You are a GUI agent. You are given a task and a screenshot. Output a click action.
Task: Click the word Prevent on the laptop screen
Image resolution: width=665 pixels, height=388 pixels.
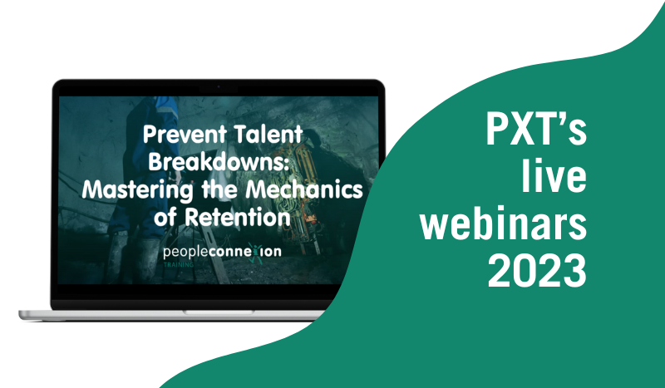pos(185,135)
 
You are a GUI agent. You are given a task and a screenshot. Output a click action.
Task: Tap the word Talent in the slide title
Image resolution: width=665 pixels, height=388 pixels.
pos(268,135)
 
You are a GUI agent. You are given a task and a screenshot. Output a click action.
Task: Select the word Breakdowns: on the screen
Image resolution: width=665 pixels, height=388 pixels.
pos(219,161)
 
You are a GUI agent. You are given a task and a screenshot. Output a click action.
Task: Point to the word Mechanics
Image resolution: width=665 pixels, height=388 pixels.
pos(304,189)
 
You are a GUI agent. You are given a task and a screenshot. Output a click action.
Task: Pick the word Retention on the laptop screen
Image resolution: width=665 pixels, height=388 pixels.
pos(238,217)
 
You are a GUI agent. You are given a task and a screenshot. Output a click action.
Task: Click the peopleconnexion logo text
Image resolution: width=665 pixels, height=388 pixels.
pos(222,252)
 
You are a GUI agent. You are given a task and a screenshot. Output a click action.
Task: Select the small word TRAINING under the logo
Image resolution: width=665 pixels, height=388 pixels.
pos(179,264)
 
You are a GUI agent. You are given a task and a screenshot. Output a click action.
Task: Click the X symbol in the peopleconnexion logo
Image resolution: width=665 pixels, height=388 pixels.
pos(254,253)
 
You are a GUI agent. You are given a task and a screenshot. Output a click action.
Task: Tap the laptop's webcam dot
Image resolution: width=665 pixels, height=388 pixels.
pos(219,87)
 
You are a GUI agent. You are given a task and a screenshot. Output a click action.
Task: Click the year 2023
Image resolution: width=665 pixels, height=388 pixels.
pos(537,270)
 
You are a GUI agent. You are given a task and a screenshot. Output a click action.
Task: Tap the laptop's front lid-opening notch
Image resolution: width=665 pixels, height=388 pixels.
pos(219,312)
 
